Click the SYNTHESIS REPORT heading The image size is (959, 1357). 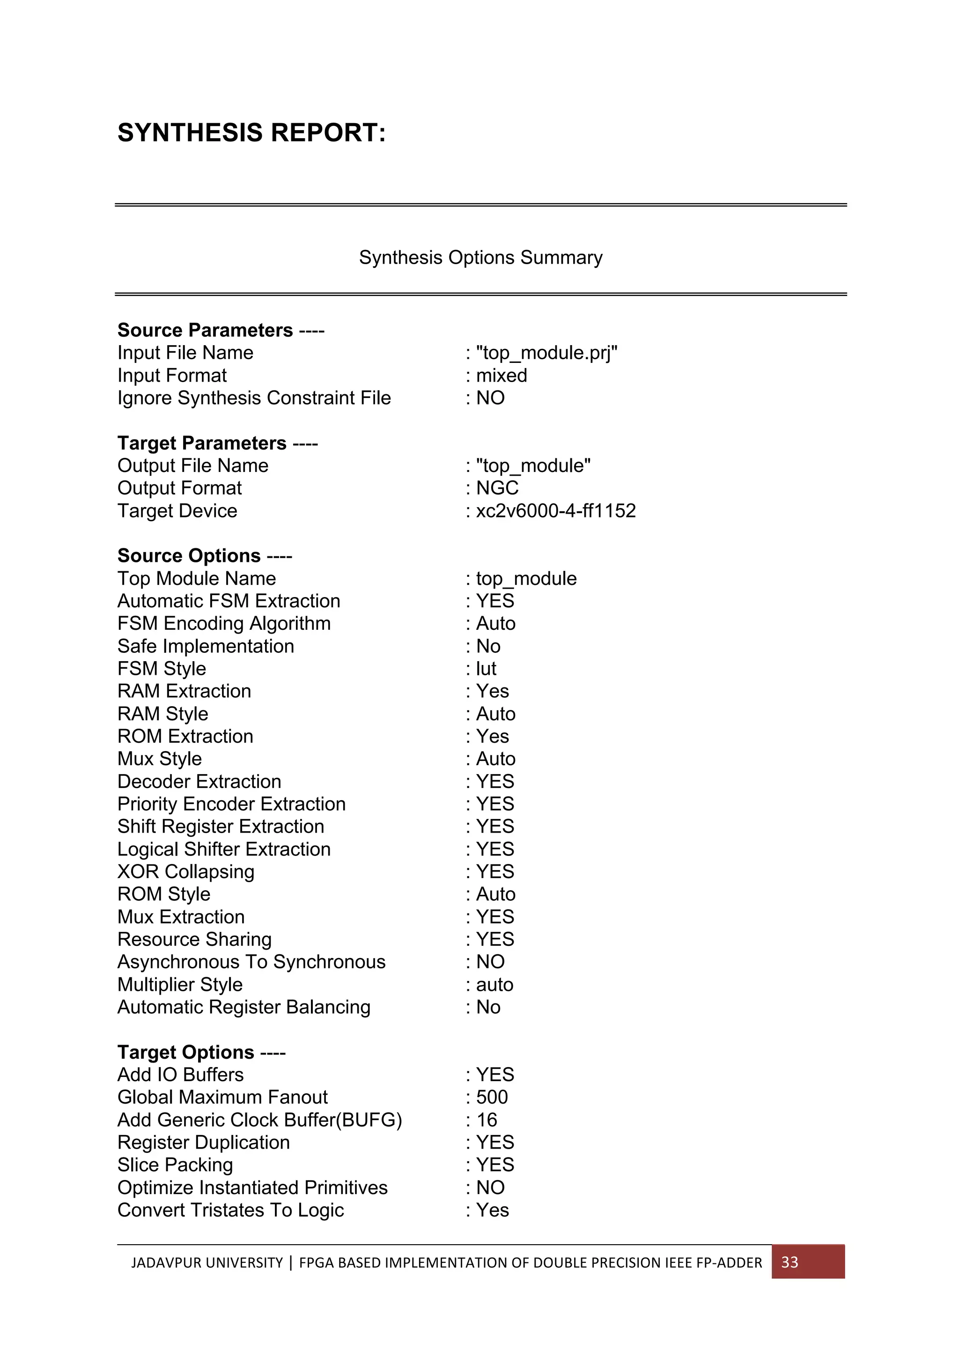point(251,133)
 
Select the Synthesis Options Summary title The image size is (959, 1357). point(480,258)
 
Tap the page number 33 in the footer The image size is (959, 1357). point(789,1262)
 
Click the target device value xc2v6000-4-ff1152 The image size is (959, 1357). point(555,511)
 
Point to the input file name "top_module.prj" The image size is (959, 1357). point(546,353)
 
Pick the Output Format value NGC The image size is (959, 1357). point(497,488)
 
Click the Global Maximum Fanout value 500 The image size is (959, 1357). point(492,1098)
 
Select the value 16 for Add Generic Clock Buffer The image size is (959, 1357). point(487,1120)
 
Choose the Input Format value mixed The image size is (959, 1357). point(501,375)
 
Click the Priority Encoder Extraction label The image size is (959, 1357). point(231,804)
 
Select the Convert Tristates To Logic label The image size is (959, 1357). point(230,1210)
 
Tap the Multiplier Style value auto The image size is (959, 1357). point(494,985)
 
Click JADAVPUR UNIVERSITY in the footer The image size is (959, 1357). point(207,1263)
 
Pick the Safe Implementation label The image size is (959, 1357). point(206,646)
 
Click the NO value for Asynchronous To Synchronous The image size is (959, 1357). point(490,962)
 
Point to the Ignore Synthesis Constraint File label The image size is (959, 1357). point(254,398)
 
